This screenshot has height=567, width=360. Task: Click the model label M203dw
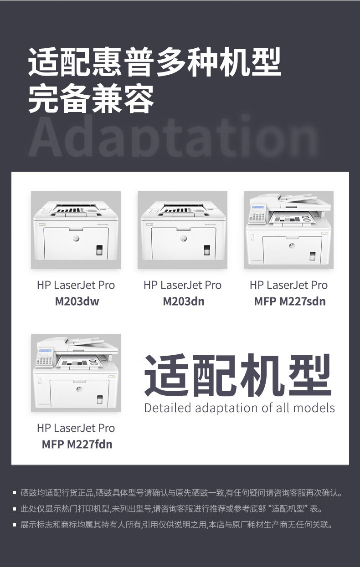pyautogui.click(x=77, y=301)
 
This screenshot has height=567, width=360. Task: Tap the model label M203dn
pyautogui.click(x=183, y=301)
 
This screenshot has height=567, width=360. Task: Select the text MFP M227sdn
pyautogui.click(x=289, y=301)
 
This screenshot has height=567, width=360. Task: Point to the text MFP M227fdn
pyautogui.click(x=77, y=444)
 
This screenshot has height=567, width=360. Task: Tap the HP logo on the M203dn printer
pyautogui.click(x=183, y=238)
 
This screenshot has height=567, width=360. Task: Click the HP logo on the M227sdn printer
pyautogui.click(x=292, y=245)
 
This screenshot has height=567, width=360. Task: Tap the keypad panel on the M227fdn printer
pyautogui.click(x=45, y=357)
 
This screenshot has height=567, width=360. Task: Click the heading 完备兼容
pyautogui.click(x=91, y=99)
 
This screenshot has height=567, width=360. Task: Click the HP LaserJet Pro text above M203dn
pyautogui.click(x=182, y=286)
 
